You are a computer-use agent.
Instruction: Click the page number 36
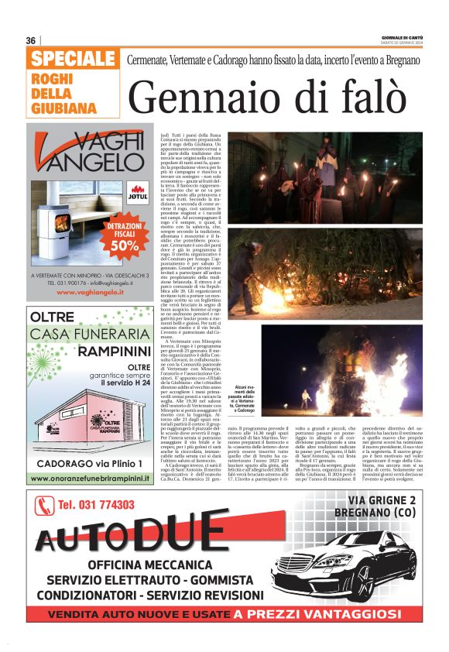point(31,40)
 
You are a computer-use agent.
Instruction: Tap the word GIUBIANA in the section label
point(64,107)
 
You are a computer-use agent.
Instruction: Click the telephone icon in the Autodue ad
point(43,506)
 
